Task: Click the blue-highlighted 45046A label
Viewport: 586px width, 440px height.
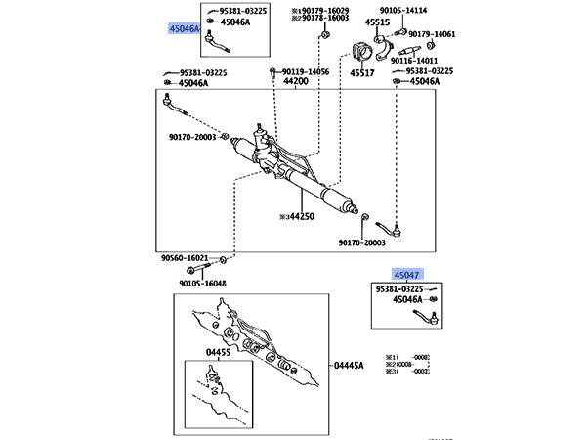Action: coord(183,29)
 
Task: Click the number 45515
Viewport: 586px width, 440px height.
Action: coord(377,22)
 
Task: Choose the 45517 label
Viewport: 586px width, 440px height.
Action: coord(363,71)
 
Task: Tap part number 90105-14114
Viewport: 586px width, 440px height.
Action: coord(428,10)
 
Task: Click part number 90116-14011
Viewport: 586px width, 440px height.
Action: coord(416,60)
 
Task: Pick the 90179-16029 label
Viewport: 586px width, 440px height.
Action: coord(324,10)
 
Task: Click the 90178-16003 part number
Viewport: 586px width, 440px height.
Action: coord(324,19)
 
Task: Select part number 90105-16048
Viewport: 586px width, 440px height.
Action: coord(202,284)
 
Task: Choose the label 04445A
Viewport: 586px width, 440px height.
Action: coord(349,366)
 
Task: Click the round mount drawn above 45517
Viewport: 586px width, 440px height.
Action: coord(365,49)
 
